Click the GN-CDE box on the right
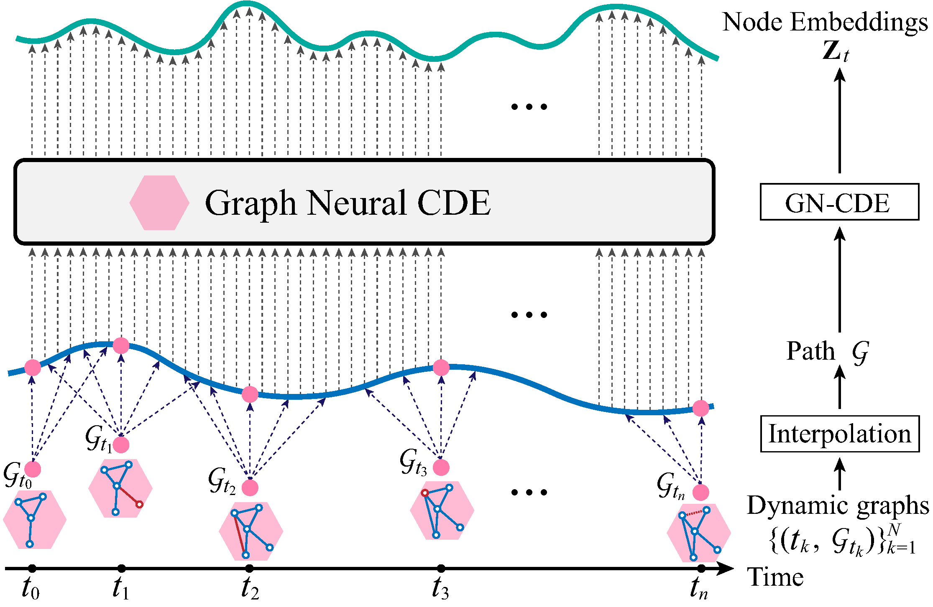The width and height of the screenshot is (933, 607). click(839, 202)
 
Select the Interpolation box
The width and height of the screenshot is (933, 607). click(839, 434)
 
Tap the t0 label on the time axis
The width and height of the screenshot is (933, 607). click(31, 588)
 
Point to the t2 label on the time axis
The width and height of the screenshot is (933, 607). click(250, 588)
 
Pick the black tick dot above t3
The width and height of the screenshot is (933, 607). click(441, 568)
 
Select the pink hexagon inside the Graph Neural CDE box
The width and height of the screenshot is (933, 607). click(159, 203)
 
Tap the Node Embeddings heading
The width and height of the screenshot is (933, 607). click(825, 22)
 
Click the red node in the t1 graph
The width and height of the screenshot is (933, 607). click(140, 505)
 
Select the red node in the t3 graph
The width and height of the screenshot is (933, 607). click(425, 493)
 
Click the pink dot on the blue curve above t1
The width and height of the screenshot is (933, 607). click(121, 345)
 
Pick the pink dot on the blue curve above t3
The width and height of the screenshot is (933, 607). click(441, 368)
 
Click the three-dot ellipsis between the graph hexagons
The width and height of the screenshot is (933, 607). click(529, 492)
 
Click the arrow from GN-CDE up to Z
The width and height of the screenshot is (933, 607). click(839, 121)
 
